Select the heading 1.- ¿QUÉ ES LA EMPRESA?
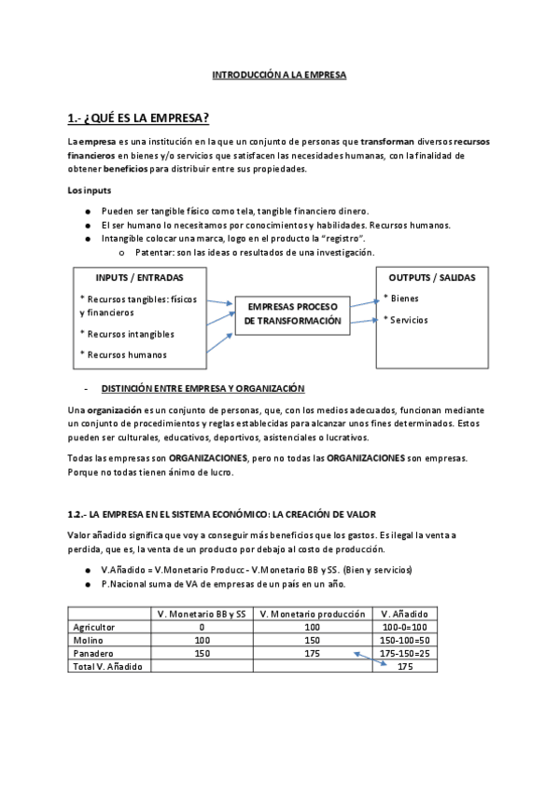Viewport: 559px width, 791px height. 138,118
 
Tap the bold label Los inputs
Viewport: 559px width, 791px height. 90,190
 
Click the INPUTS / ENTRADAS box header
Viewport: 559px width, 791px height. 139,278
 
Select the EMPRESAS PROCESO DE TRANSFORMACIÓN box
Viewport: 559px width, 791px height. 292,313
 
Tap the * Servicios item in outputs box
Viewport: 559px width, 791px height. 406,319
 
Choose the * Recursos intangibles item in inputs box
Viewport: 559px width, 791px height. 127,333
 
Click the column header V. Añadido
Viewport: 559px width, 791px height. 405,613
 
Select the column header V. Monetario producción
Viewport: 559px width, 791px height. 312,613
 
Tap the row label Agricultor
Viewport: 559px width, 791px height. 91,627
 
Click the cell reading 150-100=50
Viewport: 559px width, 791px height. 405,640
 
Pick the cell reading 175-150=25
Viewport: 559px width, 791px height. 405,653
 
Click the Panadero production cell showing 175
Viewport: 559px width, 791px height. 312,653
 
